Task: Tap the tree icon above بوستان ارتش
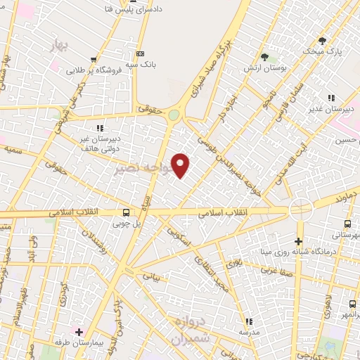[264, 57]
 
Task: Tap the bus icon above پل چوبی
[126, 212]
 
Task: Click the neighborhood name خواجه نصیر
[141, 169]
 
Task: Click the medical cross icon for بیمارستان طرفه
[79, 331]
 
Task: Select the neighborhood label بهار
[62, 46]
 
